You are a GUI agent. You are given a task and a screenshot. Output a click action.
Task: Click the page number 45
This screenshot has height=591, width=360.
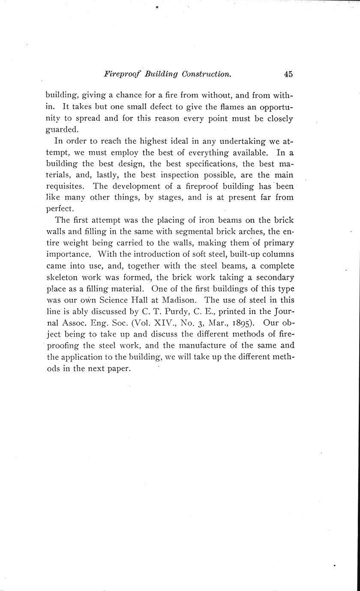pyautogui.click(x=288, y=74)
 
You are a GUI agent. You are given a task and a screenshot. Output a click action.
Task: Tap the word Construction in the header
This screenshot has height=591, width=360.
pyautogui.click(x=207, y=74)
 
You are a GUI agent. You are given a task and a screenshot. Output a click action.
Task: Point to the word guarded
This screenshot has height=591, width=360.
pyautogui.click(x=63, y=129)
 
